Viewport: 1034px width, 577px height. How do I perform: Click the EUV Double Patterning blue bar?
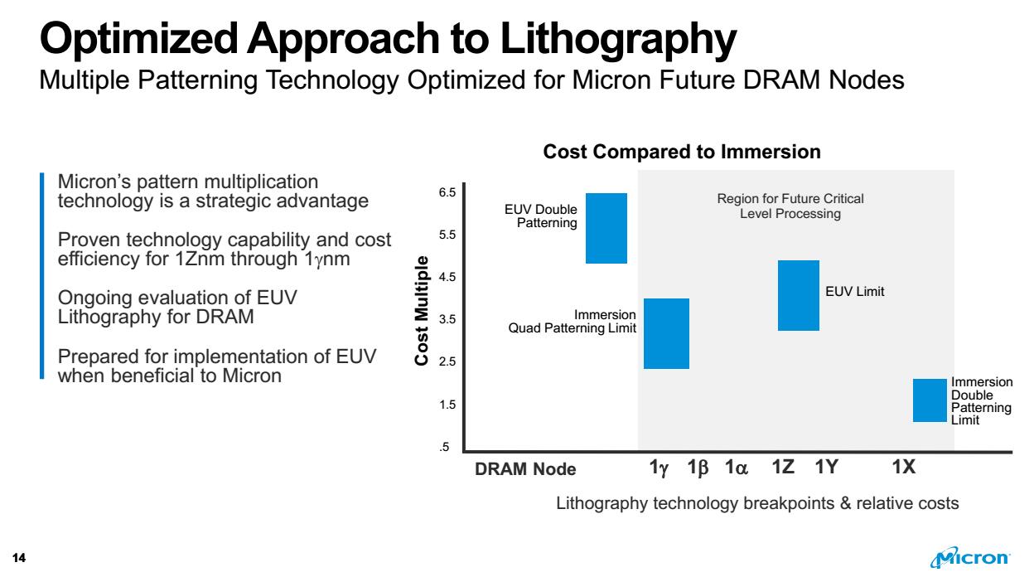[x=606, y=228]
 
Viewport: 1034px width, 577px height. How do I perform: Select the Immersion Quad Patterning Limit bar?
[x=667, y=333]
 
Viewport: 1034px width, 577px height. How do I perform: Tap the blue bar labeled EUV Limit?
[x=798, y=295]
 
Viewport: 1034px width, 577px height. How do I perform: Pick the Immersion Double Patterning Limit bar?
[x=930, y=400]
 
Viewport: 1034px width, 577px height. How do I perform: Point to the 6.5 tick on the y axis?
[x=447, y=192]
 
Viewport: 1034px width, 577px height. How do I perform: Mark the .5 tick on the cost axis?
[x=445, y=448]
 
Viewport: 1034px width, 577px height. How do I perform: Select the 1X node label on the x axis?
[x=904, y=468]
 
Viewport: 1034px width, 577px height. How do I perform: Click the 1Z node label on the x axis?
[x=783, y=468]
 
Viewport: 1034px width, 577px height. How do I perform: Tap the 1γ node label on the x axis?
[x=658, y=468]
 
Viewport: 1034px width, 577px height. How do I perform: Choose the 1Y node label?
[x=827, y=468]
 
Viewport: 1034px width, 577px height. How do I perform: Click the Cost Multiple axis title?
[x=422, y=310]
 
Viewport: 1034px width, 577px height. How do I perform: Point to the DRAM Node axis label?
[x=524, y=469]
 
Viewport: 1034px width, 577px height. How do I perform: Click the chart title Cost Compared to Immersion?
[x=681, y=152]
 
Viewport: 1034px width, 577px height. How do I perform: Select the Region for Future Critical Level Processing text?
[x=790, y=206]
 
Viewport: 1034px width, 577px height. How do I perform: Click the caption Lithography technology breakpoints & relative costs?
[x=757, y=503]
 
